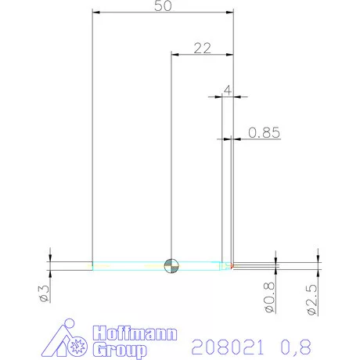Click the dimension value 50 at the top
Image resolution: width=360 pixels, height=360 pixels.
[164, 6]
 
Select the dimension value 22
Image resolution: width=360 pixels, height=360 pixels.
[202, 48]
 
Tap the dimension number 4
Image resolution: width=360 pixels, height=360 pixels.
[227, 90]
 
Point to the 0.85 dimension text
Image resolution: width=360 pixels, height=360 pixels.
[263, 132]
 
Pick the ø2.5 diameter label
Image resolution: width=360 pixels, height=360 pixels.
[311, 300]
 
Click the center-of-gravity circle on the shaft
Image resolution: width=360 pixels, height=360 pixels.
[171, 266]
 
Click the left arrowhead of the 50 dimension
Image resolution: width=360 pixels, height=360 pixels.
[96, 13]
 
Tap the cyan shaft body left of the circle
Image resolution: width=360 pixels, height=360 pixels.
[129, 266]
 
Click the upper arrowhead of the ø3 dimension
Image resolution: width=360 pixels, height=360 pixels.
[50, 257]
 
